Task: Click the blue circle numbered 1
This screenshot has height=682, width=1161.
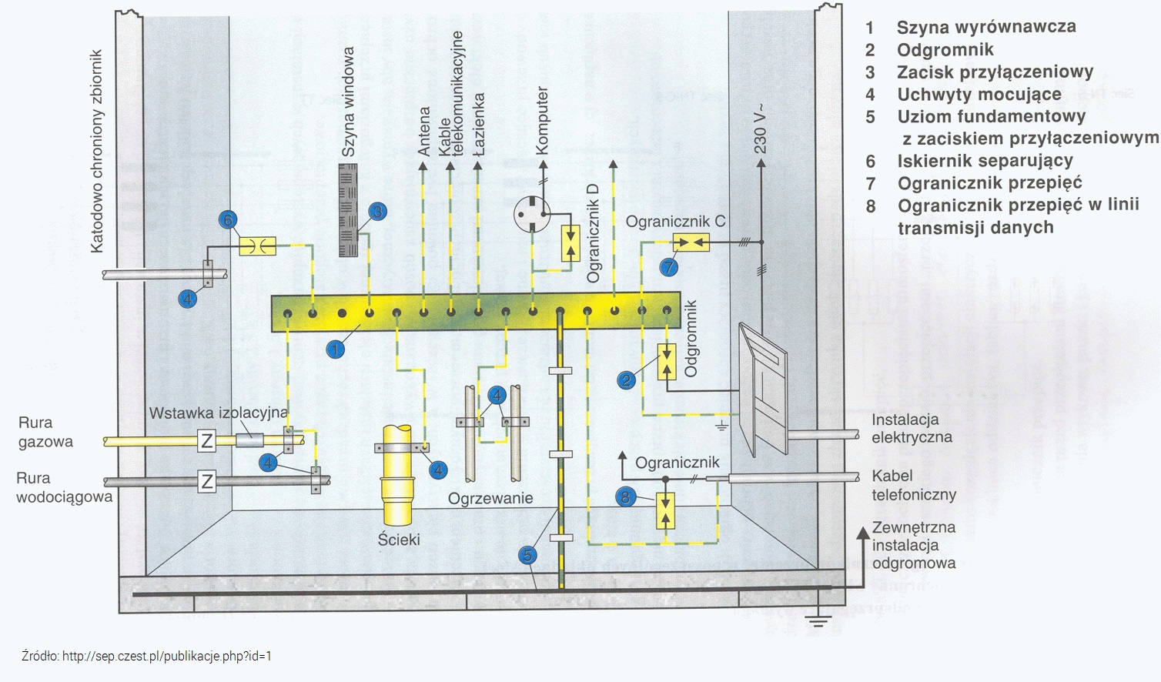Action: [x=335, y=349]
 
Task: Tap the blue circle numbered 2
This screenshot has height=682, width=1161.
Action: [x=627, y=380]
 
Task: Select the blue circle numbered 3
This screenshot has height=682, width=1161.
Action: [x=376, y=212]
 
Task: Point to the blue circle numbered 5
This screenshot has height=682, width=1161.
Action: [x=527, y=556]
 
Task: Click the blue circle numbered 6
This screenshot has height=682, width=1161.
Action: [x=227, y=221]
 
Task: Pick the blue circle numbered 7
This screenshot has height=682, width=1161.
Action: [x=669, y=267]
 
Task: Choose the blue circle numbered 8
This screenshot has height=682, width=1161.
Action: [x=626, y=497]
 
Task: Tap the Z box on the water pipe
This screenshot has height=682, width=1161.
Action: [x=206, y=482]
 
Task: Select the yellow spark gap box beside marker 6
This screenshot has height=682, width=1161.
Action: [x=257, y=246]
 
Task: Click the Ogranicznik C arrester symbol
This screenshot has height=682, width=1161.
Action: [x=691, y=243]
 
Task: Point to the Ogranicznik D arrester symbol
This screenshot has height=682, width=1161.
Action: [x=570, y=243]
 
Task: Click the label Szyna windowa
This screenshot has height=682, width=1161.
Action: [x=349, y=102]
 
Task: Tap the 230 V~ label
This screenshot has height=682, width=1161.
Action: [x=760, y=129]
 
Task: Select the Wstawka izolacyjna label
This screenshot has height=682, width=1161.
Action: [x=218, y=413]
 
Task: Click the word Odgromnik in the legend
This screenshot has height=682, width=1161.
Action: [x=945, y=50]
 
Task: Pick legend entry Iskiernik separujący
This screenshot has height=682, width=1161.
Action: [x=985, y=161]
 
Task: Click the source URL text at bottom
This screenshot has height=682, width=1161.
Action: [x=147, y=657]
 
